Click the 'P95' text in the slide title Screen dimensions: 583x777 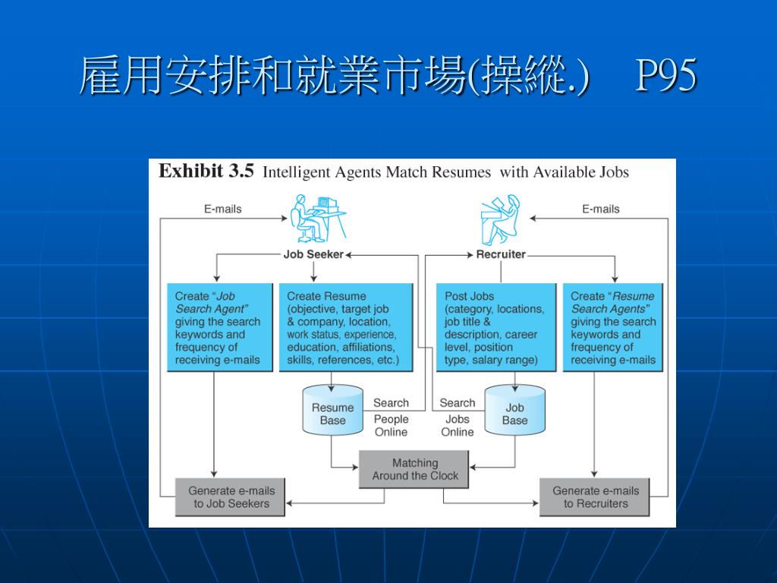[665, 76]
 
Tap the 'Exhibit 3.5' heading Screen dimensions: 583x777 [206, 172]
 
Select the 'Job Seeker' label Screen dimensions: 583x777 [313, 254]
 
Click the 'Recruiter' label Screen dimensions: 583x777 [501, 254]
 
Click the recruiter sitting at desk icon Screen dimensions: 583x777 [501, 219]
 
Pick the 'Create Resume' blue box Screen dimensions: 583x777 [346, 327]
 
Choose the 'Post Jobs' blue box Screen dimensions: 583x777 [495, 327]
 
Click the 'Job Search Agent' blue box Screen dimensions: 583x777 [219, 327]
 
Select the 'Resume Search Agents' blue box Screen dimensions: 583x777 [612, 327]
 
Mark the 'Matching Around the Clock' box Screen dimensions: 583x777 [414, 469]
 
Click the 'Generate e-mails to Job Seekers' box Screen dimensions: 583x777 [231, 496]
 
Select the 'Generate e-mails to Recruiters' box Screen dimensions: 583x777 [595, 496]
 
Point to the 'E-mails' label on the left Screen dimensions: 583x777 [222, 209]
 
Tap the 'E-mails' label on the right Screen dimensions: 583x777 [600, 209]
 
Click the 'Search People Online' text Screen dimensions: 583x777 [391, 418]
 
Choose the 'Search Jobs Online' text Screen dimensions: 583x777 [457, 418]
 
